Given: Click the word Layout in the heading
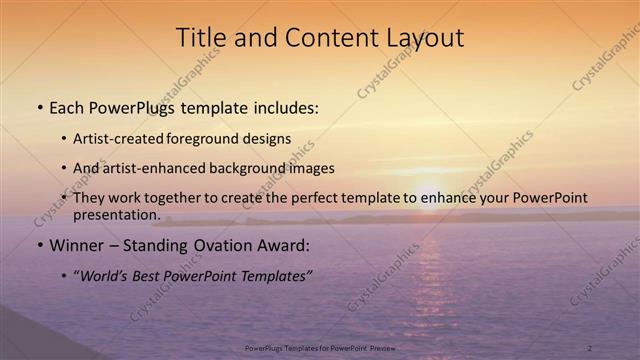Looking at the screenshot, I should coord(424,38).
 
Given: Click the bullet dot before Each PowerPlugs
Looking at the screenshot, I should coord(40,106).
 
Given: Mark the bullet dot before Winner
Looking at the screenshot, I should coord(40,246).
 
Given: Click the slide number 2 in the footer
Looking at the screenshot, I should coord(589,347).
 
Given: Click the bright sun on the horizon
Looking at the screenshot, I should coord(427,195).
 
